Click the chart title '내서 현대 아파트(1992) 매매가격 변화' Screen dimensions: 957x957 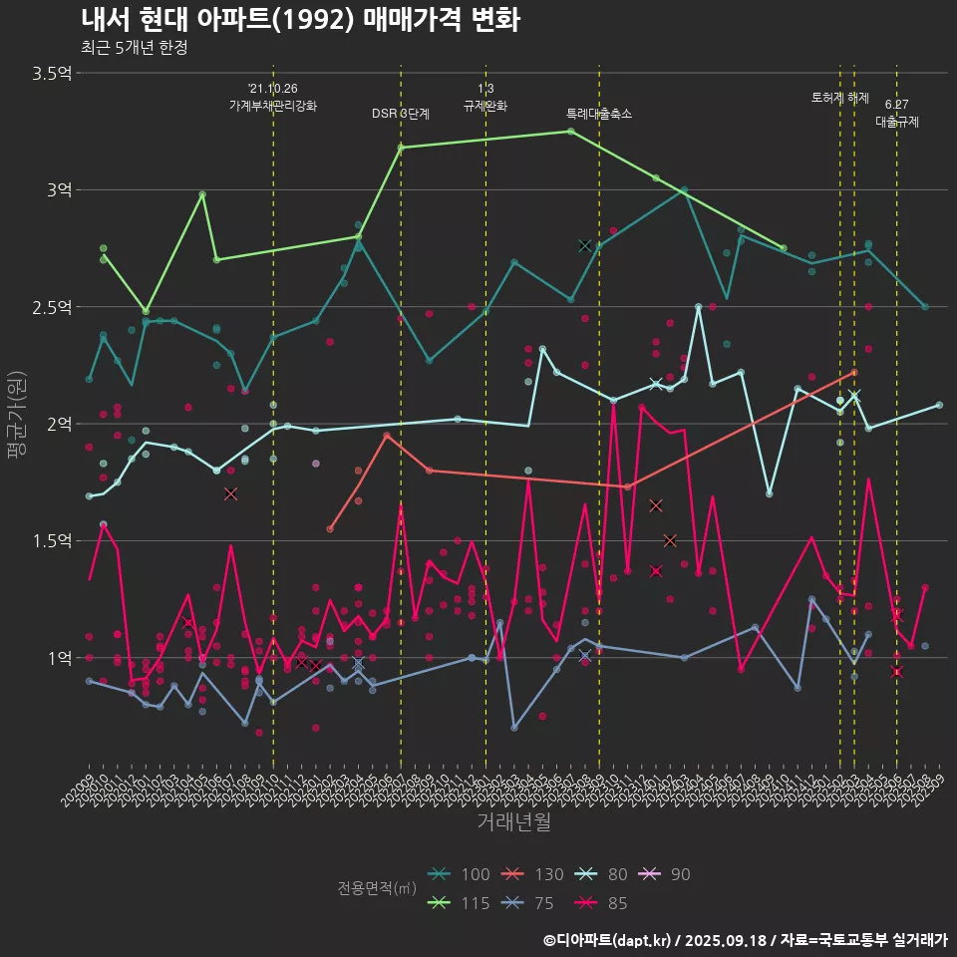tap(299, 20)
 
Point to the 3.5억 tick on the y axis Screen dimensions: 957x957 tap(51, 73)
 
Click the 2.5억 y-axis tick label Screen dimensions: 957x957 tap(51, 306)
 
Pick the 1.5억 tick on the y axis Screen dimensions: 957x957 tap(51, 540)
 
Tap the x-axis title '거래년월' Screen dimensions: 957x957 tap(512, 821)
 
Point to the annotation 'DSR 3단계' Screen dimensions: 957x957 tap(401, 114)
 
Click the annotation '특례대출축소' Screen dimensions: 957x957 tap(599, 114)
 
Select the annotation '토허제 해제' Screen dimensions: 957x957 tap(840, 98)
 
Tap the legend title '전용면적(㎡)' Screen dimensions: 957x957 tap(377, 888)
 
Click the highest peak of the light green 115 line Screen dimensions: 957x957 tap(570, 131)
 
